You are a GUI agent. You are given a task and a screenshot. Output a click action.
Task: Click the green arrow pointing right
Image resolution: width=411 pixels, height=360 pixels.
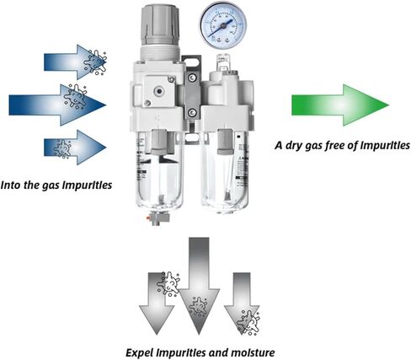point(340,105)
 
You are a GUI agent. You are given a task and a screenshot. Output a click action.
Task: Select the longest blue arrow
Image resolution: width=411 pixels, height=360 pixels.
point(57,105)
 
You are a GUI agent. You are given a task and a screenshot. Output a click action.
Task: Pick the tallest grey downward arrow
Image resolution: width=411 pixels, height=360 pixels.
point(199,286)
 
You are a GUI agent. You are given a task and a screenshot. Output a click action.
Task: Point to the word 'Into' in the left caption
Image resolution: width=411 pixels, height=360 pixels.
point(11,185)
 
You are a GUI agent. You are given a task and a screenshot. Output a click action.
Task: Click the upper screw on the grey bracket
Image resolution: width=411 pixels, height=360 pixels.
point(192,78)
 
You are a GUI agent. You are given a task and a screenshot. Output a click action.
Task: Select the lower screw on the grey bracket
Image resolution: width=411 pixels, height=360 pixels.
point(192,112)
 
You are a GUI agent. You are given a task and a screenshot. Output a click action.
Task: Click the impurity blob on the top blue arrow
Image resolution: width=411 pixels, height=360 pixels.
point(95,62)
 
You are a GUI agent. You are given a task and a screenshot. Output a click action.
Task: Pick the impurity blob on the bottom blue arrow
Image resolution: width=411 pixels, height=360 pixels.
point(62,148)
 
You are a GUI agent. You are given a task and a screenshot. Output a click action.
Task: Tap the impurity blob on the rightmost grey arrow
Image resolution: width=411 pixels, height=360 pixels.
point(248,322)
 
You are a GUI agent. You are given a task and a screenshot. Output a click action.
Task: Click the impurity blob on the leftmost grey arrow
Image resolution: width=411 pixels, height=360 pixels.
point(168,283)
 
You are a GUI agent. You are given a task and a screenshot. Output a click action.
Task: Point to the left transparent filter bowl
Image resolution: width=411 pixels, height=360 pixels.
point(159,171)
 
